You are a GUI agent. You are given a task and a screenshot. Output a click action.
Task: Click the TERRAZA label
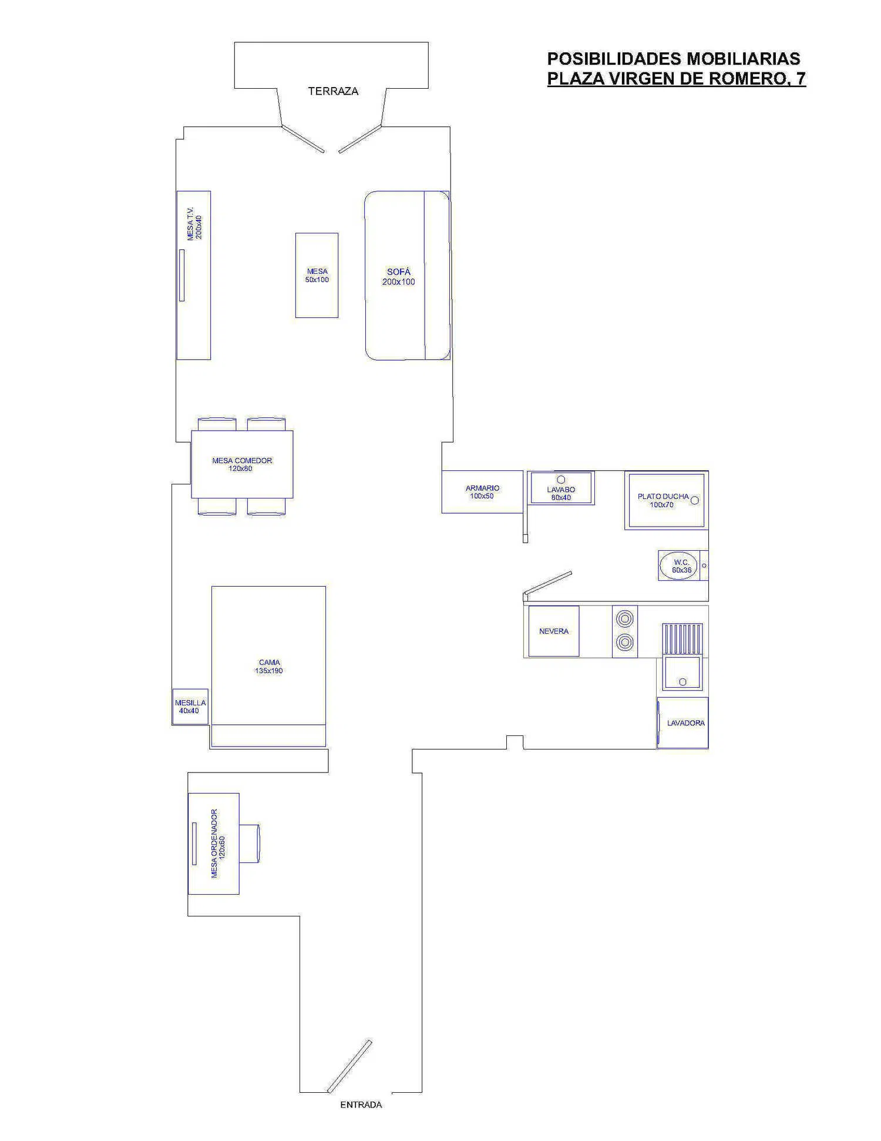(x=333, y=91)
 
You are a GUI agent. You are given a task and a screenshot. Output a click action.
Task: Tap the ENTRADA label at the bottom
(x=361, y=1105)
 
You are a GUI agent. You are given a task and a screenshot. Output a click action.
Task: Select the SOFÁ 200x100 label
(x=399, y=277)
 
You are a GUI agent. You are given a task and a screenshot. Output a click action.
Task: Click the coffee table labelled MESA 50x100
(x=317, y=275)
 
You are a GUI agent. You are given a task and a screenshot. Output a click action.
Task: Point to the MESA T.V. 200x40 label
(x=194, y=223)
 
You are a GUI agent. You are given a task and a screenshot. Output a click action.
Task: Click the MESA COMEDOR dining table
(x=242, y=464)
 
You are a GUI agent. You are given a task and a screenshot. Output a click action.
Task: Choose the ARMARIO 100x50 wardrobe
(x=482, y=491)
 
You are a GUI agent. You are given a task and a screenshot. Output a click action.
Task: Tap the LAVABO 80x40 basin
(x=561, y=487)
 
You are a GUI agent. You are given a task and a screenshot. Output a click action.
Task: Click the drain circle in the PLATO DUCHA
(x=695, y=500)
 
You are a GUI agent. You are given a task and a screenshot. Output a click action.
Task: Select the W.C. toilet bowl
(x=680, y=566)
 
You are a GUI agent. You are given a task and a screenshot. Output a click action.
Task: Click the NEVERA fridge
(x=554, y=631)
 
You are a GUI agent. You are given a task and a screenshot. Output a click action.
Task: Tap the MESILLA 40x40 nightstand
(x=190, y=707)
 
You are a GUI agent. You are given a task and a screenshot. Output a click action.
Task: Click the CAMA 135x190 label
(x=269, y=667)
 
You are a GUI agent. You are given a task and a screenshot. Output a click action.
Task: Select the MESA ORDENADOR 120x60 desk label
(x=218, y=844)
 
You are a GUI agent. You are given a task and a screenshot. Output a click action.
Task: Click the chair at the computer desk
(x=249, y=844)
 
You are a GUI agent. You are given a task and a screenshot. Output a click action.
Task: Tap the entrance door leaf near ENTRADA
(x=349, y=1066)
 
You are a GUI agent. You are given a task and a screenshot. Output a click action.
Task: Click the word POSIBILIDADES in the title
(x=614, y=59)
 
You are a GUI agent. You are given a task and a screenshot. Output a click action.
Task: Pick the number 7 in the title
(x=801, y=79)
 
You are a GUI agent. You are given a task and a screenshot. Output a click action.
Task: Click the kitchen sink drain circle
(x=682, y=682)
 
